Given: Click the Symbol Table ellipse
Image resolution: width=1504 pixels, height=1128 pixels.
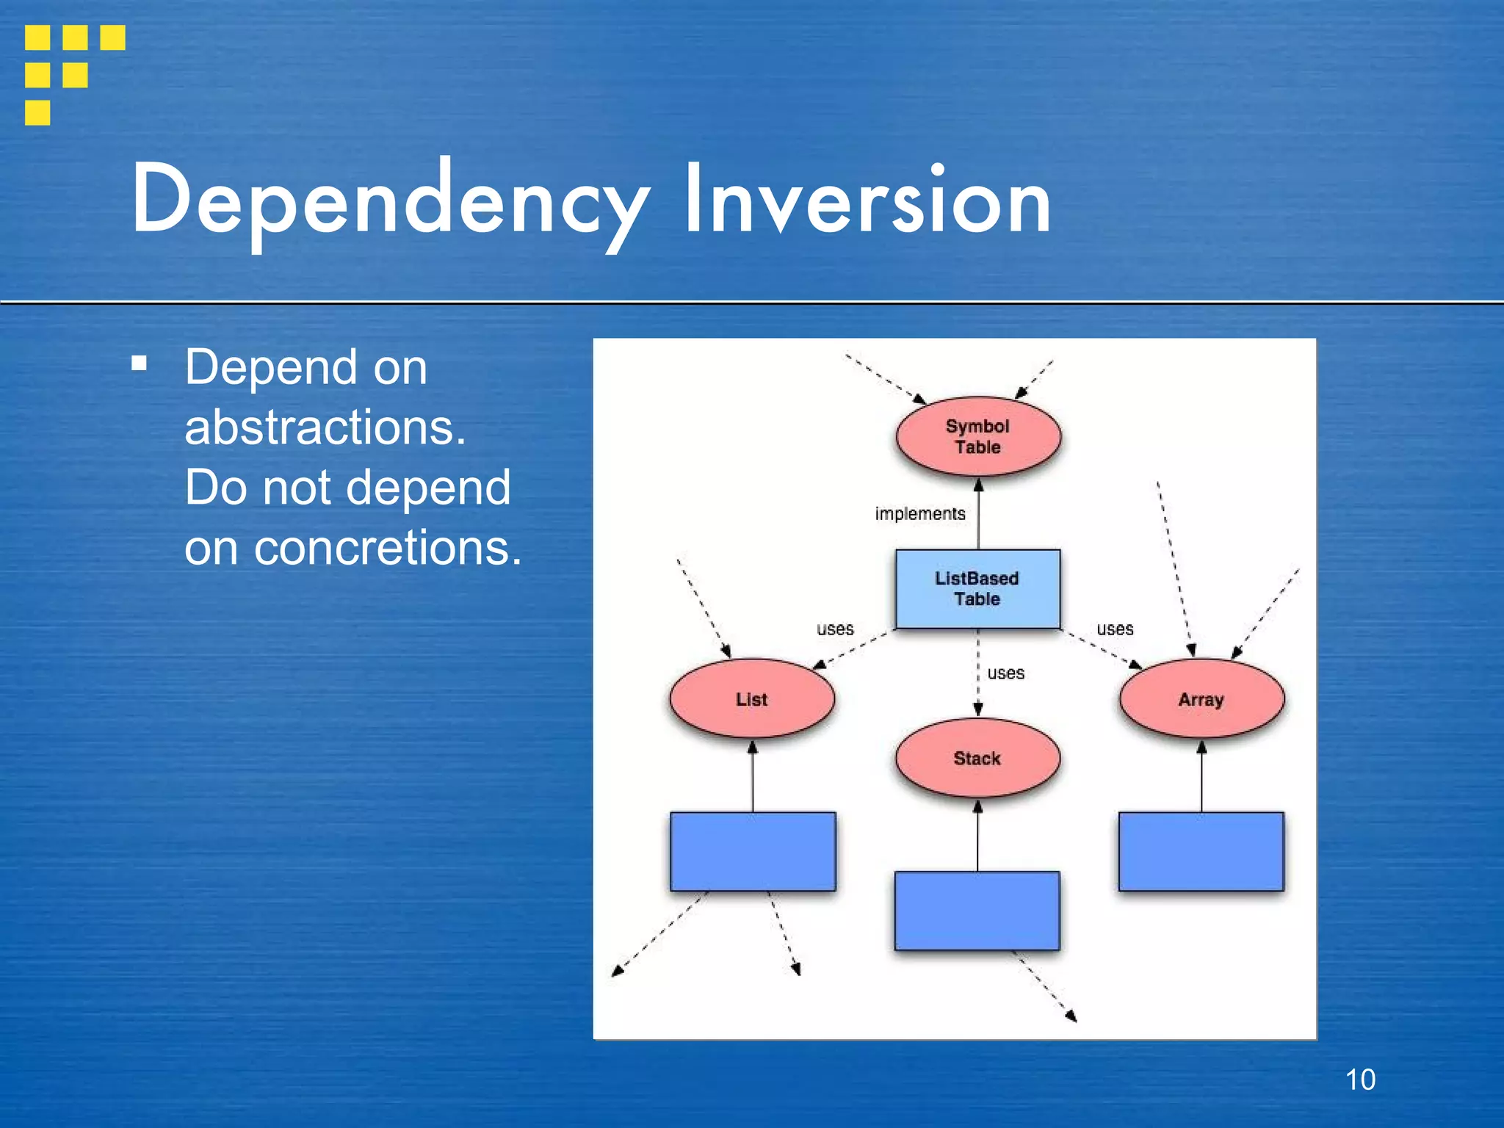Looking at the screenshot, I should [977, 437].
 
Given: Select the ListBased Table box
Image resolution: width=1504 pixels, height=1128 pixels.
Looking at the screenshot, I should [977, 589].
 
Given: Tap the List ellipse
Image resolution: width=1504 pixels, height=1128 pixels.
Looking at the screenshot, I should [752, 698].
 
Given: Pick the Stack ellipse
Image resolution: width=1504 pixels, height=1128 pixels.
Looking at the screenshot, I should [977, 758].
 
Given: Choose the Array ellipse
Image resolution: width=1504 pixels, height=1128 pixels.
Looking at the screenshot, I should [1201, 698].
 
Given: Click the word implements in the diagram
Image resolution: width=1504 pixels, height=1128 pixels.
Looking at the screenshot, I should [919, 513].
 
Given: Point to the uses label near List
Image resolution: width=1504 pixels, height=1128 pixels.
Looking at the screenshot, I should [835, 629].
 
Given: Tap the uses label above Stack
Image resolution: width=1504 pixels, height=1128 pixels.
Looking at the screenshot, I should [1005, 673].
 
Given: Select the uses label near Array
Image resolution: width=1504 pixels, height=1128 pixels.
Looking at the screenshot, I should [1115, 629].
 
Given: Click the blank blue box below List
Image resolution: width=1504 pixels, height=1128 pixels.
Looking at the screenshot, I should [753, 851].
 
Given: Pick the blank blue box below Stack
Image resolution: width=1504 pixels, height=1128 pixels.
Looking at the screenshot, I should [977, 911].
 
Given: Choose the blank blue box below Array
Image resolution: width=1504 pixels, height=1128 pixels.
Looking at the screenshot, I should [1201, 851].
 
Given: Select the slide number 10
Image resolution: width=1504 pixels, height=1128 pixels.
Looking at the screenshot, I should [1360, 1080].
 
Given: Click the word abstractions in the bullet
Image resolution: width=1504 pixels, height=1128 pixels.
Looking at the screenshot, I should [325, 427].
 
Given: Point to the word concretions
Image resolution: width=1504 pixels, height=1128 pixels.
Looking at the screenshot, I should [387, 548].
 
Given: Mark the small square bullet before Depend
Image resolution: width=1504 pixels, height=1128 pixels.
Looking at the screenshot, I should [139, 364].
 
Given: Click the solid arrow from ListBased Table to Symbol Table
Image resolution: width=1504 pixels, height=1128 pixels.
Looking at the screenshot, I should [978, 514].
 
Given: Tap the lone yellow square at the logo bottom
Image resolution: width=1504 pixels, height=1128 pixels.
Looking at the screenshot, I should [37, 113].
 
